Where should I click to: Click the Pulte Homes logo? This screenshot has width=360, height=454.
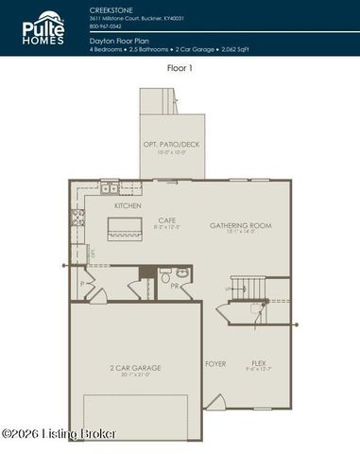pyautogui.click(x=44, y=28)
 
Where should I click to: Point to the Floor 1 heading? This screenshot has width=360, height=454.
pyautogui.click(x=180, y=69)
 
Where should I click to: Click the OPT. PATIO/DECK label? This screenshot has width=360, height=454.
pyautogui.click(x=172, y=144)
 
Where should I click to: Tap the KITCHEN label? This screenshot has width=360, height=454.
pyautogui.click(x=128, y=205)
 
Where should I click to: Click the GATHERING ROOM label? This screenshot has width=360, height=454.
pyautogui.click(x=240, y=226)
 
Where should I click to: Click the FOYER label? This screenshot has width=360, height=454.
pyautogui.click(x=215, y=363)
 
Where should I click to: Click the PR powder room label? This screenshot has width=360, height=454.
pyautogui.click(x=176, y=284)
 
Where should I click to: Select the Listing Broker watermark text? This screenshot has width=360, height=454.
pyautogui.click(x=59, y=433)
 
